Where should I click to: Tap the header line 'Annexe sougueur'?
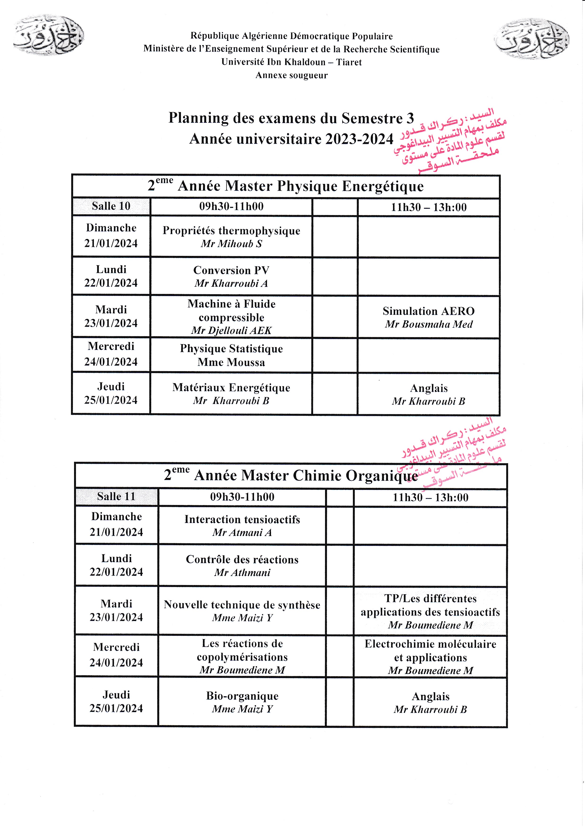click(x=291, y=75)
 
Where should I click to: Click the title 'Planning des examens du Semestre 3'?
click(x=291, y=118)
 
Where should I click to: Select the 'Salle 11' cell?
click(x=116, y=497)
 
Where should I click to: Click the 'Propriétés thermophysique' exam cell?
click(x=231, y=237)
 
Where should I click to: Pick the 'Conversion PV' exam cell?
click(x=231, y=276)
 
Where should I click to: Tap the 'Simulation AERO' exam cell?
click(x=428, y=317)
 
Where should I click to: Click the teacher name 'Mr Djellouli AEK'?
click(x=231, y=330)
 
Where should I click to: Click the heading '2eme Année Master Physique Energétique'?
click(x=286, y=186)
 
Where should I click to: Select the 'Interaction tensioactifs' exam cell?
click(x=242, y=525)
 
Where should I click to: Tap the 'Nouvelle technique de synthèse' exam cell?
click(x=242, y=611)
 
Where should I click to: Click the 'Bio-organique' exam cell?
click(x=242, y=702)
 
